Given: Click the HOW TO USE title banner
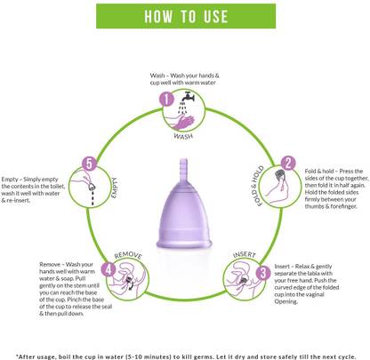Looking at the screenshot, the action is [x=186, y=16].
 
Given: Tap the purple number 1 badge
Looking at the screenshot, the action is [x=166, y=99].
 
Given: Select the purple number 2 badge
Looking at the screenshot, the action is [x=288, y=164].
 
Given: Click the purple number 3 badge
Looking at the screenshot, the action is [x=263, y=273].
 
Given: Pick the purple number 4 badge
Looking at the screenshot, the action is [x=109, y=269].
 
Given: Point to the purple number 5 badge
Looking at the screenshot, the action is [x=89, y=164].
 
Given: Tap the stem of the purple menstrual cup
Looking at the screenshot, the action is [x=184, y=169].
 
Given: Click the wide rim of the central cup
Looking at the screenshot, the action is [x=184, y=244].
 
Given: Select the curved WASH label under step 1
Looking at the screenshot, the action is [x=183, y=136].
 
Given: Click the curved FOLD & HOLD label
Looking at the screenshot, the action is [x=257, y=186].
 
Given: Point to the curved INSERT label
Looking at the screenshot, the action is [x=245, y=254].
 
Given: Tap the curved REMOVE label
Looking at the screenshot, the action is [x=128, y=255].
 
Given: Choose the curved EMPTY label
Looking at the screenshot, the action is [x=115, y=188].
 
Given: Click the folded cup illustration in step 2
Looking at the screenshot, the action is [x=279, y=174].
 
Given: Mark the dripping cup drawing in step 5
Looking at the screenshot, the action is [x=92, y=188].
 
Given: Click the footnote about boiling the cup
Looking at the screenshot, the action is [x=186, y=356].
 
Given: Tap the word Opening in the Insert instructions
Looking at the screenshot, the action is [x=286, y=301].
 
